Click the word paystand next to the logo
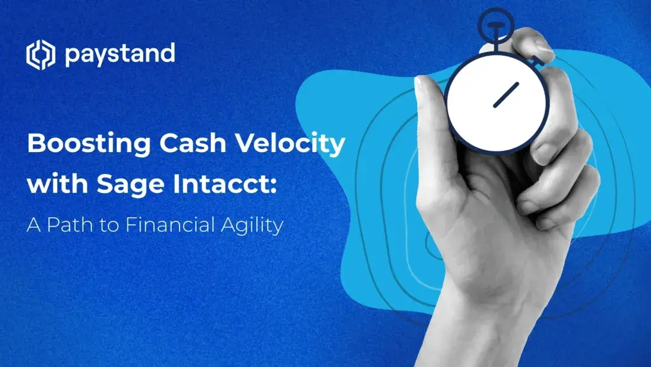pyautogui.click(x=119, y=54)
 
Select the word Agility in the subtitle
pyautogui.click(x=253, y=226)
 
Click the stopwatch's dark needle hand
pyautogui.click(x=506, y=95)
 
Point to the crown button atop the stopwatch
pyautogui.click(x=495, y=23)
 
